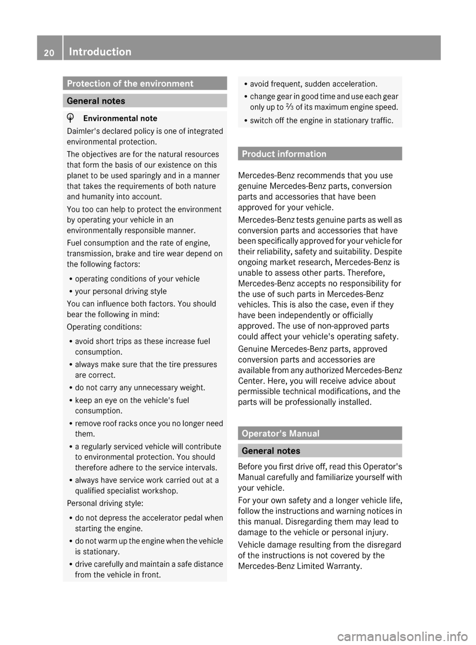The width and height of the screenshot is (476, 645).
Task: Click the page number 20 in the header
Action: [x=49, y=52]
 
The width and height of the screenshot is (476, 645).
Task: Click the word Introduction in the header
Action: [x=100, y=52]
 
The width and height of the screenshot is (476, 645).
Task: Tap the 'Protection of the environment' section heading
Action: [x=130, y=83]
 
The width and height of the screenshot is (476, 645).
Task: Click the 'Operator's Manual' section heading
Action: [x=288, y=433]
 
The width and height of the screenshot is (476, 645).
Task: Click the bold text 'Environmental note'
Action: [x=120, y=118]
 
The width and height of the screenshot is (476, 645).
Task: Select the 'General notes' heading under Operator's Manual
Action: [x=271, y=451]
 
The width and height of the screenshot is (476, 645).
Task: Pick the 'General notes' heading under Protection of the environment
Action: [x=96, y=101]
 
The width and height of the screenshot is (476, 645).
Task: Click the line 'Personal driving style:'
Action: [x=105, y=503]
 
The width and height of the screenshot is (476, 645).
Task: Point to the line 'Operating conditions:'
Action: [x=104, y=327]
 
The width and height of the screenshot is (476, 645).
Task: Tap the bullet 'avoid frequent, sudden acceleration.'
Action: [x=313, y=84]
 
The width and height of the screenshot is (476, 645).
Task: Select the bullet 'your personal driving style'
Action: [x=120, y=291]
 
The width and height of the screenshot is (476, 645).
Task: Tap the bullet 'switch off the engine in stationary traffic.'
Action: [x=322, y=120]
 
